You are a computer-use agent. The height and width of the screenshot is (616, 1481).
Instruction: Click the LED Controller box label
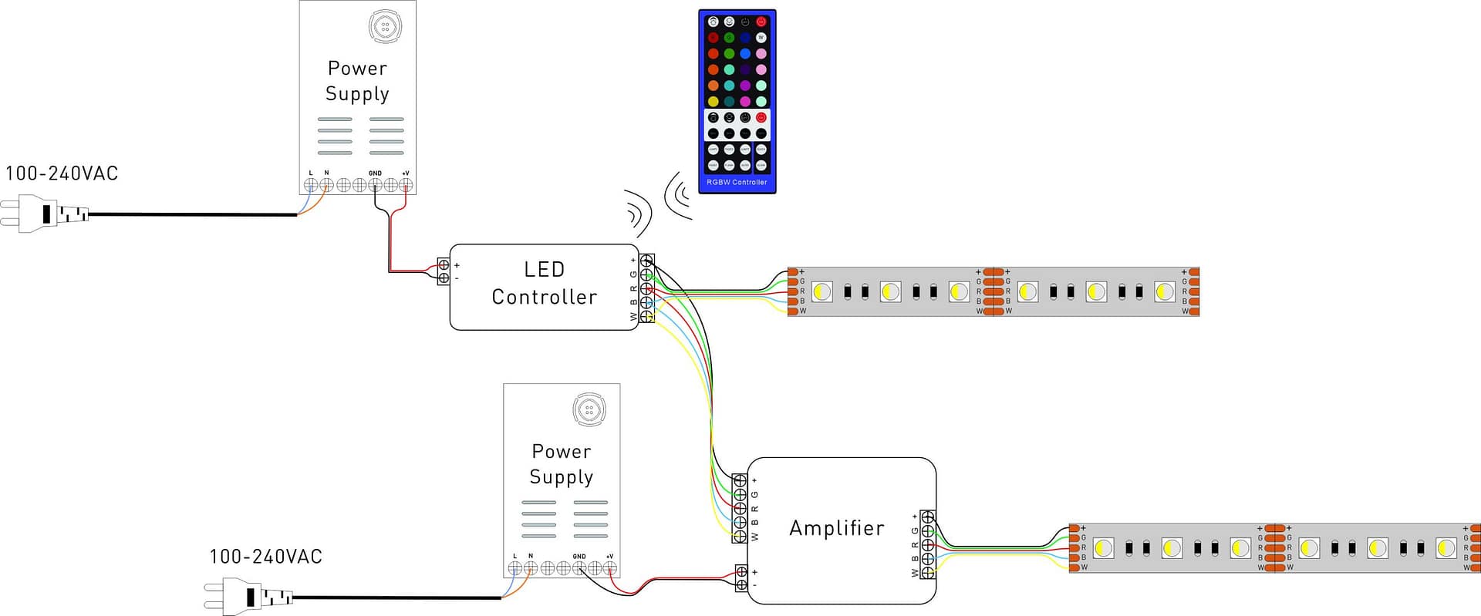point(544,283)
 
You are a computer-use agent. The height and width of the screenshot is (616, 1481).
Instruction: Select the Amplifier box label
point(836,528)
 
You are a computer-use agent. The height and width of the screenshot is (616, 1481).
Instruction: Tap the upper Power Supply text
point(357,81)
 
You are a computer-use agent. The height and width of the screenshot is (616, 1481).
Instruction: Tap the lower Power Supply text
point(561,464)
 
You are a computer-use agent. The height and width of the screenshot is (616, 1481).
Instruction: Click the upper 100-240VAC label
point(62,173)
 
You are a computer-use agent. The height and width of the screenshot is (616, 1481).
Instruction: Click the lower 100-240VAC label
point(265,557)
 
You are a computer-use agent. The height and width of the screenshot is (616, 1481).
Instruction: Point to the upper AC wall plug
point(42,214)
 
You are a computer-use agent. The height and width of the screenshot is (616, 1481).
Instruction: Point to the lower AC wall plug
point(247,597)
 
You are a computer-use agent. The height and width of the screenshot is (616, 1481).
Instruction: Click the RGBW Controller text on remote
point(737,183)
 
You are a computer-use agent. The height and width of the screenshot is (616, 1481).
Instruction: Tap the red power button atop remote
point(761,22)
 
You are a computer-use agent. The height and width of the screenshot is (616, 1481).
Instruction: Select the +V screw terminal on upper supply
point(406,185)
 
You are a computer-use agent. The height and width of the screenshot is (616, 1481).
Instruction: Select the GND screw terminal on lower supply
point(579,568)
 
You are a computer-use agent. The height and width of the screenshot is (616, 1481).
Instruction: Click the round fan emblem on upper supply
point(384,27)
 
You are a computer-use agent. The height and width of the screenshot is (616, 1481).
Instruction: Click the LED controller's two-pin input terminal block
point(444,271)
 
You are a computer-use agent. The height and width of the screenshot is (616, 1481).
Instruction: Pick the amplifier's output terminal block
point(928,544)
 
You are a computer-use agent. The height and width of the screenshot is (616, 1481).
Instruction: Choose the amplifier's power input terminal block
point(741,577)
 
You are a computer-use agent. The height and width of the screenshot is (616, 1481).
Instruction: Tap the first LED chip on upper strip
point(822,291)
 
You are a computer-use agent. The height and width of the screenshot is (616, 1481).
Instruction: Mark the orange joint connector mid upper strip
point(994,291)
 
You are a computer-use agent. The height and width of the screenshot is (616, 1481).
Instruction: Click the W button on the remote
point(761,38)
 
